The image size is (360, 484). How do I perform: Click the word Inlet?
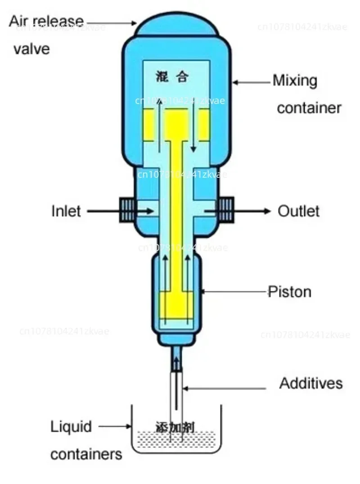[x=66, y=211]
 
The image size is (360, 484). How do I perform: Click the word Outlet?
[x=298, y=211]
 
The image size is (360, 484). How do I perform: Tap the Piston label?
[x=289, y=292]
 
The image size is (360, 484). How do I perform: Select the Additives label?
[x=311, y=383]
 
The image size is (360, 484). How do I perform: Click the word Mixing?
[x=295, y=81]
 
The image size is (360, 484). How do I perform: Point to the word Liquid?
[x=71, y=426]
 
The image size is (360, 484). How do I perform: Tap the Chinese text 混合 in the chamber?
[x=175, y=77]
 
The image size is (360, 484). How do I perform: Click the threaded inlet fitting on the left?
[x=126, y=210]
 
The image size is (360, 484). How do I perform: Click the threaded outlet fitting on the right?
[x=225, y=210]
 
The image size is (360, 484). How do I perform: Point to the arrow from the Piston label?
[x=234, y=292]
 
